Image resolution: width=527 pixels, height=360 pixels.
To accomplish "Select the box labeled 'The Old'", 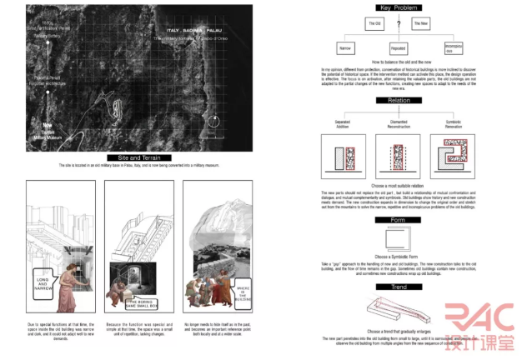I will [374, 23].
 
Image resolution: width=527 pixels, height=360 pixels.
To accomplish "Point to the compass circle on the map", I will [215, 122].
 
